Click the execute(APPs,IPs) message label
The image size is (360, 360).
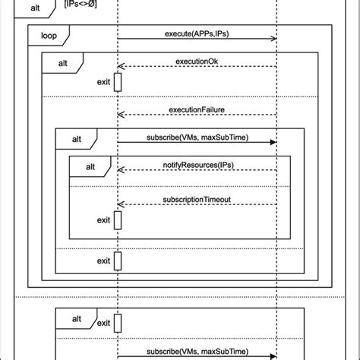[197, 34]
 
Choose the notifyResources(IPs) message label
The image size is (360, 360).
[197, 164]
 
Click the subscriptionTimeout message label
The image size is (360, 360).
[197, 199]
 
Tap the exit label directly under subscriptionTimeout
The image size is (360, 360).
[104, 220]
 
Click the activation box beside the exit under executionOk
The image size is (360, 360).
[118, 81]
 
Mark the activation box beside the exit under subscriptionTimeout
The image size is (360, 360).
[118, 220]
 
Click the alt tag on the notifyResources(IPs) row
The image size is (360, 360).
[90, 166]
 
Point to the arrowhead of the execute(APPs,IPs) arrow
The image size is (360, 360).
[273, 39]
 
